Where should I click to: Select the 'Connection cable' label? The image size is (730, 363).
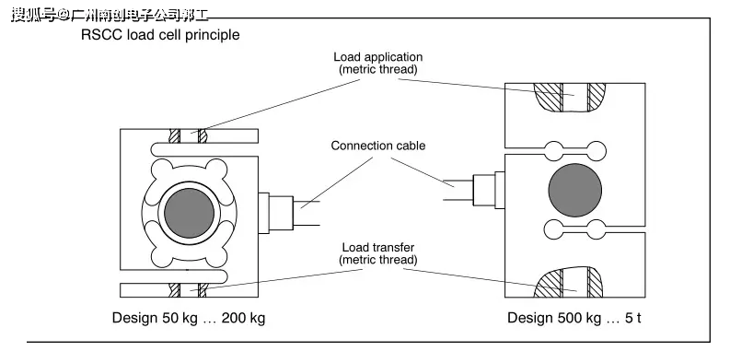tap(378, 146)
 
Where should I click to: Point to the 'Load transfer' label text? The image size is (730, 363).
tap(378, 247)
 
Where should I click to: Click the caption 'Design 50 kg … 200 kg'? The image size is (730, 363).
tap(190, 318)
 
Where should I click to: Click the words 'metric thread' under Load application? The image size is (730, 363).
tap(378, 70)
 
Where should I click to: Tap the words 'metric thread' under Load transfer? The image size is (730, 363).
tap(378, 260)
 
